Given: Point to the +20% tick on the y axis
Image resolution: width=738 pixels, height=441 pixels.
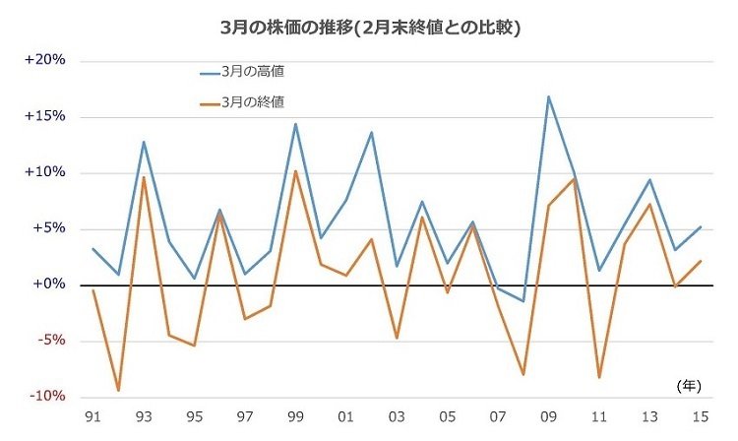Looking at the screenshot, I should [x=45, y=60].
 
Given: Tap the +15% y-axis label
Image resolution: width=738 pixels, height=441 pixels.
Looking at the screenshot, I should [x=45, y=116].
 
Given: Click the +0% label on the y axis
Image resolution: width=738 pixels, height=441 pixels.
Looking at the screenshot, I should [x=48, y=284].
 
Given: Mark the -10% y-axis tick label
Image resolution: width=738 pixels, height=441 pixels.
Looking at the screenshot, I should [x=46, y=397].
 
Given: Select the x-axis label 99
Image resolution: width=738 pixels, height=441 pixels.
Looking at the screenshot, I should [x=295, y=417].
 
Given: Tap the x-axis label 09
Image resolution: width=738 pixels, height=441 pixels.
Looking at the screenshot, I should [x=548, y=417].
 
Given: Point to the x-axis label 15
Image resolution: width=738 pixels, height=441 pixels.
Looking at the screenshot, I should [x=700, y=417].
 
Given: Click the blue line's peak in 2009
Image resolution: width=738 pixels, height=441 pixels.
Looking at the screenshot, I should [x=548, y=96].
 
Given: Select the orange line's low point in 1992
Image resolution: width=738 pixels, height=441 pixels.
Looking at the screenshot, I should [x=118, y=391].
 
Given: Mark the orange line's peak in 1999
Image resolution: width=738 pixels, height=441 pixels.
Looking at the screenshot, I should [x=295, y=171].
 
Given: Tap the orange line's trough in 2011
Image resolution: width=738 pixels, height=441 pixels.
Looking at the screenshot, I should [x=598, y=378].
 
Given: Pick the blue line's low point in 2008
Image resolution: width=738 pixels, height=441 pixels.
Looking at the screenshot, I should [x=523, y=301].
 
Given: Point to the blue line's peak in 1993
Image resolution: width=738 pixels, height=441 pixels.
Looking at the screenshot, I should [x=144, y=142].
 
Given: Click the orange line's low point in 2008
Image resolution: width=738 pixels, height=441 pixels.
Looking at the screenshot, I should [x=523, y=375].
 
